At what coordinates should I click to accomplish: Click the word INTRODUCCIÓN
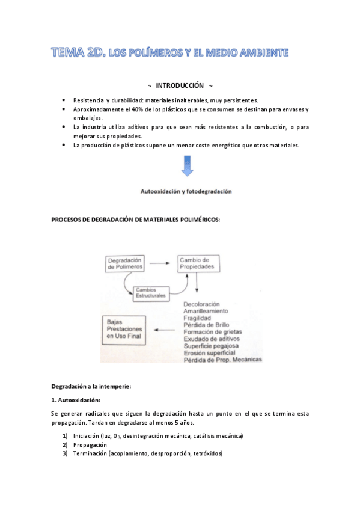(180, 85)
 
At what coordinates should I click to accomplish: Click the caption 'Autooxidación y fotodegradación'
(186, 191)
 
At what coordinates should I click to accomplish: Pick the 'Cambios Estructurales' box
(150, 293)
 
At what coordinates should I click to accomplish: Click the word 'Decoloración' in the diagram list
(201, 304)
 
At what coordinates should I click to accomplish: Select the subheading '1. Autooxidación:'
(76, 400)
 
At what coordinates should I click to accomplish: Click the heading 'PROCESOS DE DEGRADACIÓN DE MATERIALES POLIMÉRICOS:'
(136, 220)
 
